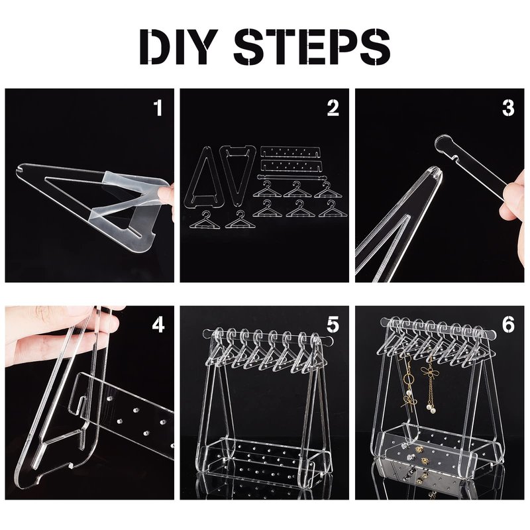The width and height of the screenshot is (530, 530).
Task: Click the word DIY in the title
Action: coord(178,46)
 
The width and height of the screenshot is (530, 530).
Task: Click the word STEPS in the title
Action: coord(312,46)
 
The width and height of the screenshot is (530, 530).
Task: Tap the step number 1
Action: coord(158,108)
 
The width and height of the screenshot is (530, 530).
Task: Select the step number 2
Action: coord(333,108)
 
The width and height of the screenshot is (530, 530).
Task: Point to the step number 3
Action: coord(508,108)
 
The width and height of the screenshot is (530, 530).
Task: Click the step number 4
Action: coord(158,325)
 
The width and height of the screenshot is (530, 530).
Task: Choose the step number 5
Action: coord(333,325)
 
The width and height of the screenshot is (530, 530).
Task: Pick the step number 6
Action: coord(508,325)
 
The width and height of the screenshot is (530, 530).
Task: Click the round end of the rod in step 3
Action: coord(443,144)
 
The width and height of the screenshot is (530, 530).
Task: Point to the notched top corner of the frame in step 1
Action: coord(21,169)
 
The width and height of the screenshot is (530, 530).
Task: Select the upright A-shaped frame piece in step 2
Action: coord(202,177)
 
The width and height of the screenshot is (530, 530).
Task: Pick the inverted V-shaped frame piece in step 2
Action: coord(238,175)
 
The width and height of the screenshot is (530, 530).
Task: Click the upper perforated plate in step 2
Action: coord(290,152)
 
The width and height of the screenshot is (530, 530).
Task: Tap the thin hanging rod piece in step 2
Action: coord(291,177)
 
